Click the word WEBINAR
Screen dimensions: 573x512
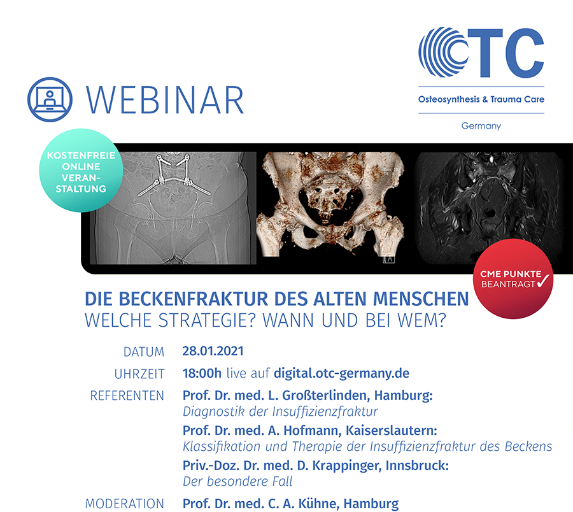pyautogui.click(x=165, y=100)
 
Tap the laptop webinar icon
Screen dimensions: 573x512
pyautogui.click(x=50, y=99)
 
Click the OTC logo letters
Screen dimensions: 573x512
pyautogui.click(x=481, y=52)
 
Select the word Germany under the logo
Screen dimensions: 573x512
pyautogui.click(x=481, y=125)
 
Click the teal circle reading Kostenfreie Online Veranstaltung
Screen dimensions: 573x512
pyautogui.click(x=81, y=170)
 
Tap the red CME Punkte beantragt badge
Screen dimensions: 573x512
pyautogui.click(x=513, y=279)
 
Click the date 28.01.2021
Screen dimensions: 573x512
pyautogui.click(x=213, y=351)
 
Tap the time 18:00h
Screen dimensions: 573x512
pyautogui.click(x=202, y=373)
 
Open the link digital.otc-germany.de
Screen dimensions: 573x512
pyautogui.click(x=342, y=374)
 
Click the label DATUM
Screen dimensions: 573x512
pyautogui.click(x=144, y=352)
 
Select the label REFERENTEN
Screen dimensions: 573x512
pyautogui.click(x=127, y=396)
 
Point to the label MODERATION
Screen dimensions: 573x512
pyautogui.click(x=125, y=504)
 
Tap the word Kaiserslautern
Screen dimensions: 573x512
pyautogui.click(x=392, y=430)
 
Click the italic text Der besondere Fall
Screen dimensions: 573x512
pyautogui.click(x=237, y=481)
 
